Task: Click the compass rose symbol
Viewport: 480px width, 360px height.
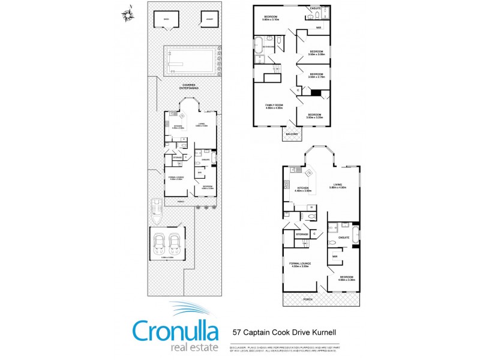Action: [127, 14]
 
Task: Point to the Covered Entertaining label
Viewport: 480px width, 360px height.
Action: [190, 86]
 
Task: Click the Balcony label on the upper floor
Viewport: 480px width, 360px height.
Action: [292, 134]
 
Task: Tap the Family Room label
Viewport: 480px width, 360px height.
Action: [274, 106]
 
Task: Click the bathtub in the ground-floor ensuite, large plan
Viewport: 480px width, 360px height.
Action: [355, 235]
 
